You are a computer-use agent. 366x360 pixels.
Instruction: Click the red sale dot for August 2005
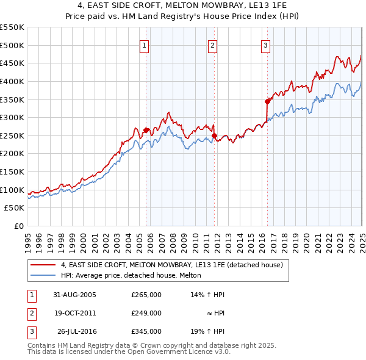(x=146, y=130)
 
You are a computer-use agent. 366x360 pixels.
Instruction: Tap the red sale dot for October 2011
(x=214, y=135)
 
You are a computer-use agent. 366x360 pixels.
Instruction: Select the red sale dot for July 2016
(x=267, y=101)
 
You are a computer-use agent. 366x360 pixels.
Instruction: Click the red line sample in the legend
(x=43, y=265)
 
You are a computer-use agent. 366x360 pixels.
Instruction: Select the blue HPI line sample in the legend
(x=43, y=275)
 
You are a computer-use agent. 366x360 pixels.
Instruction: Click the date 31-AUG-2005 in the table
(x=74, y=295)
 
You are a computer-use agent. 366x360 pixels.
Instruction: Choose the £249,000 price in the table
(x=146, y=313)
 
